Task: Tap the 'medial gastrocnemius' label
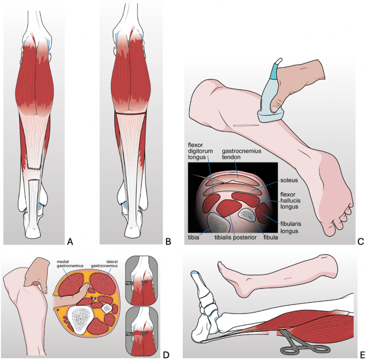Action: click(x=70, y=264)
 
